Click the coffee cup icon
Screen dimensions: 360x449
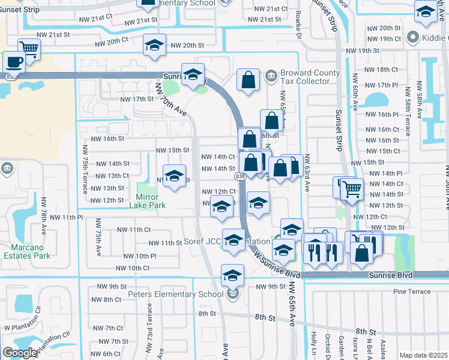point(14,61)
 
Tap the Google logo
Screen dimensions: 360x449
point(20,353)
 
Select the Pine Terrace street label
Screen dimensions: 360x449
point(412,292)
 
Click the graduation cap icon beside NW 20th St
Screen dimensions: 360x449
point(154,45)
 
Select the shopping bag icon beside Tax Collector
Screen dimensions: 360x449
point(248,79)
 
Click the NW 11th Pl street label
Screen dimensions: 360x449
point(66,217)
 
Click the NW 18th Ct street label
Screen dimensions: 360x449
point(382,70)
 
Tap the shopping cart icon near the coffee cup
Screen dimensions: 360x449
point(28,49)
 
